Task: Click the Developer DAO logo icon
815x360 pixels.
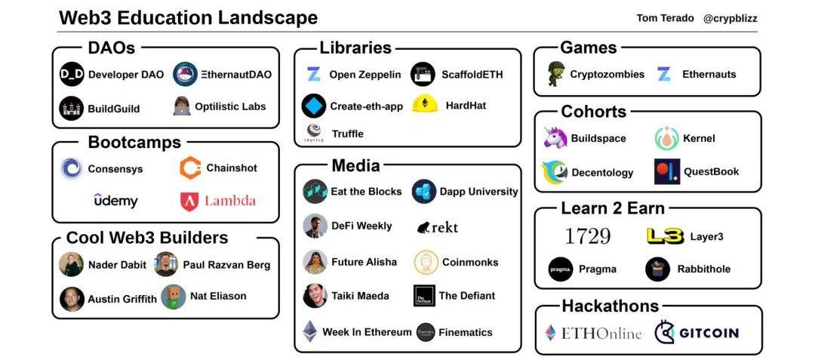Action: coord(72,75)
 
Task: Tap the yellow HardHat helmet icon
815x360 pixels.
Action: coord(426,106)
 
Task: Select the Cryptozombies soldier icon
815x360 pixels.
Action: coord(555,74)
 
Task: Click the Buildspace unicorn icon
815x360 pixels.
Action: coord(555,138)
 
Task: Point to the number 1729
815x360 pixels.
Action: coord(587,236)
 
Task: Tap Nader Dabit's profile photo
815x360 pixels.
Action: coord(72,264)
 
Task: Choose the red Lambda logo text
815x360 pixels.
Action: coord(229,201)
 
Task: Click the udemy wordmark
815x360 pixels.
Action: coord(115,201)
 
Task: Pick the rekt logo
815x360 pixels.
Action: coord(437,226)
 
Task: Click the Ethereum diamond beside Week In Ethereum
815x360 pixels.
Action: coord(310,331)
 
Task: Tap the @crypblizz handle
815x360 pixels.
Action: coord(732,18)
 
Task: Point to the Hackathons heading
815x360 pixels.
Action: coord(610,306)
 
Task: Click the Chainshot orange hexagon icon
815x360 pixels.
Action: coord(190,168)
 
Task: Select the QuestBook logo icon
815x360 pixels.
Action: coord(667,171)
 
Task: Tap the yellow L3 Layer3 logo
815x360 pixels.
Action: coord(665,236)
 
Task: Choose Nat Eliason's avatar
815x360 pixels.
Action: coord(174,297)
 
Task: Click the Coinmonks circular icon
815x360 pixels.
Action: coord(426,262)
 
